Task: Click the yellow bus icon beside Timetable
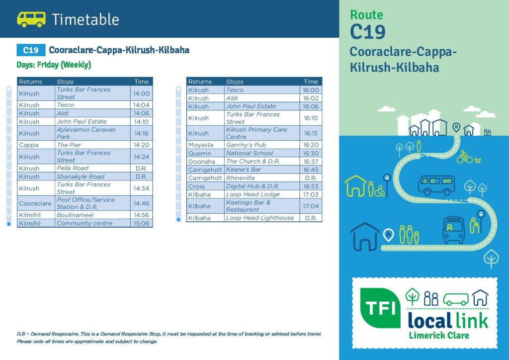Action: point(31,19)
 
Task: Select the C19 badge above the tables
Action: point(31,50)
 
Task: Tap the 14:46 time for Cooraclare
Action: point(141,203)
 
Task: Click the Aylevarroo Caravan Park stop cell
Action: point(92,133)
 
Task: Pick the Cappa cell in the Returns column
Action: point(36,145)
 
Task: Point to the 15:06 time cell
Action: point(141,223)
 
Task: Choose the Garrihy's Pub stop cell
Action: point(262,145)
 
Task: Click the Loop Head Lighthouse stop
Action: point(262,218)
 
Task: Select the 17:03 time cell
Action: point(311,194)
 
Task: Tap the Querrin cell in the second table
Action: point(205,153)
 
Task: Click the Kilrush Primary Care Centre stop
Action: point(262,133)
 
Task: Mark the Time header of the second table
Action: point(311,82)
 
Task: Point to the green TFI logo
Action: point(380,308)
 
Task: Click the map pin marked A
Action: point(388,235)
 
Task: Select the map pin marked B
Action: point(456,127)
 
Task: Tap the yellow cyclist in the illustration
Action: point(465,157)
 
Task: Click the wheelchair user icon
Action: point(380,191)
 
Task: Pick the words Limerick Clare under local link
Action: point(439,335)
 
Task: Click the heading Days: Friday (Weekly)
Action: point(54,65)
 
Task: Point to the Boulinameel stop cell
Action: point(92,215)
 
